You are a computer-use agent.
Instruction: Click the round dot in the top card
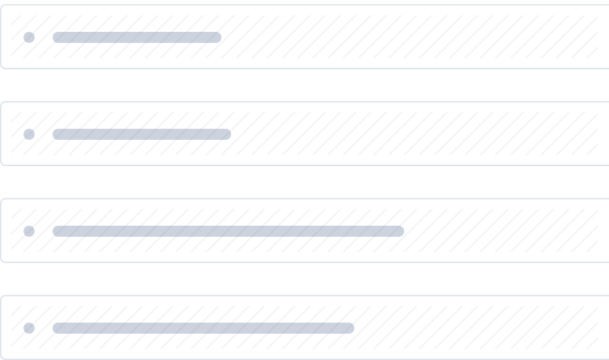click(29, 37)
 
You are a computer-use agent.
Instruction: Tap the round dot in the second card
click(29, 134)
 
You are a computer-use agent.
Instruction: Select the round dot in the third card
click(29, 231)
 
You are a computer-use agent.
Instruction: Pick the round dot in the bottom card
click(29, 328)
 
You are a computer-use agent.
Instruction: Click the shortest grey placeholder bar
click(137, 37)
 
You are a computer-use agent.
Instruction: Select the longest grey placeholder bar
click(228, 231)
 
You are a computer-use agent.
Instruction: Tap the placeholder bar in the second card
click(142, 134)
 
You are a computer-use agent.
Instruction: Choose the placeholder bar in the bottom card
click(203, 328)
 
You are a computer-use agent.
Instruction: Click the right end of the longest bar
click(401, 231)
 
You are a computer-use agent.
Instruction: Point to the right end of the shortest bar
click(218, 37)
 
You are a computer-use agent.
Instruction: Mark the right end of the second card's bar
click(228, 134)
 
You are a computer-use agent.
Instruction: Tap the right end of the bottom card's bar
click(351, 328)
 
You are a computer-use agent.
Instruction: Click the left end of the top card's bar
click(56, 37)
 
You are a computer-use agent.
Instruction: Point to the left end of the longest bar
click(56, 231)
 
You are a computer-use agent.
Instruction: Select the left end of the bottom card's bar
click(56, 328)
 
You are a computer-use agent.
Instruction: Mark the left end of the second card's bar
click(56, 134)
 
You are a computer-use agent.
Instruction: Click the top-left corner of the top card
click(2, 6)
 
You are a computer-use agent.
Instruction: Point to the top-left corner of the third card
click(2, 200)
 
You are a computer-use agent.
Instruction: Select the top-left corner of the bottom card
click(2, 297)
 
